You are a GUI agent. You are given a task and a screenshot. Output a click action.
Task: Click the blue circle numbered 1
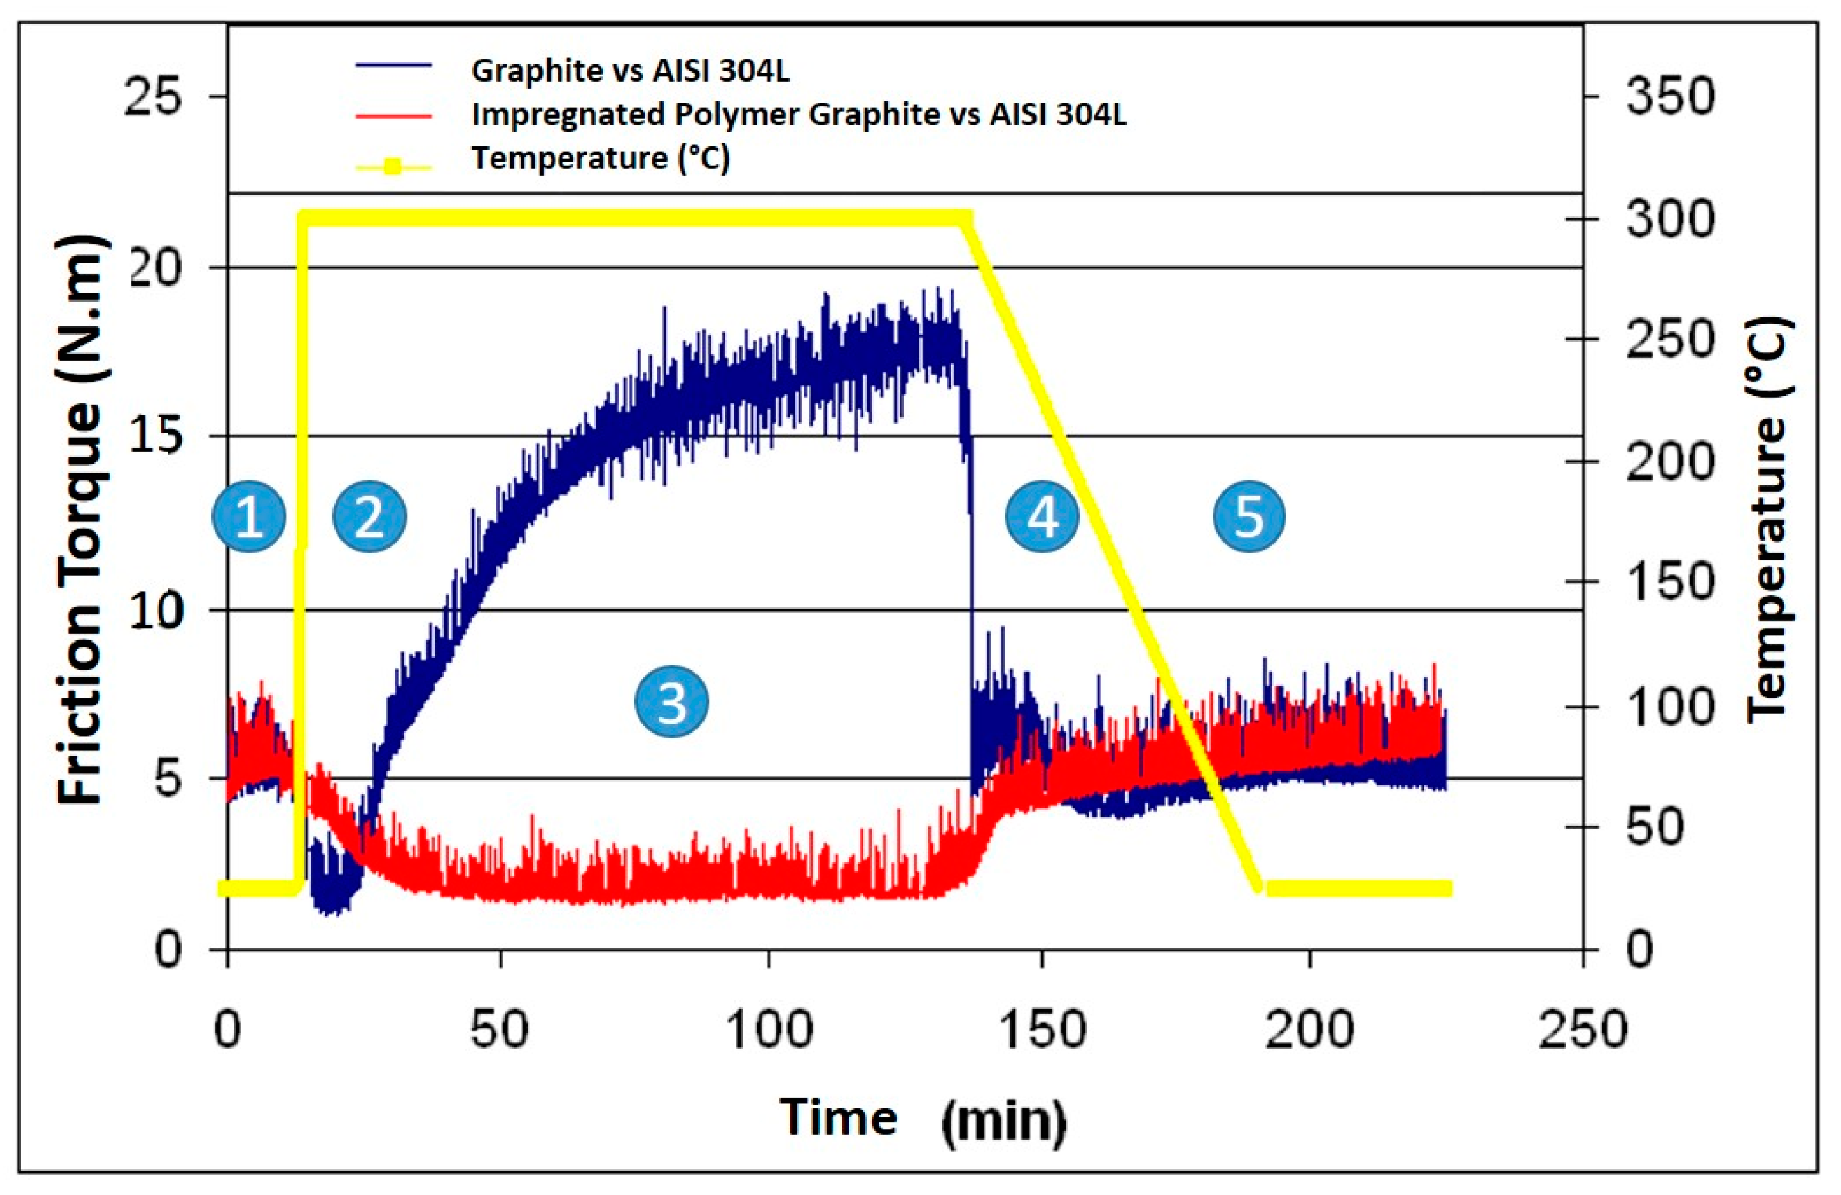click(x=249, y=516)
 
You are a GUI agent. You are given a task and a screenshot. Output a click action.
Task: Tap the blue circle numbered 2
click(x=369, y=516)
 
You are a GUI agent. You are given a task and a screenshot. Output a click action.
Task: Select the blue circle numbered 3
click(x=671, y=701)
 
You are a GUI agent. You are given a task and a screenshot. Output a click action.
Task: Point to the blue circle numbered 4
click(x=1042, y=516)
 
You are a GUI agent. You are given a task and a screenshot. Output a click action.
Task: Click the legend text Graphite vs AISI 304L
click(x=630, y=71)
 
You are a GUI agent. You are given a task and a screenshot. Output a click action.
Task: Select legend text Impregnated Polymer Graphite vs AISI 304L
click(x=798, y=114)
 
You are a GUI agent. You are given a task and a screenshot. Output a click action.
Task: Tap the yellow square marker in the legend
click(x=393, y=166)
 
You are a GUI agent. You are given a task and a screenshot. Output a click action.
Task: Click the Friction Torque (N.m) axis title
click(x=80, y=520)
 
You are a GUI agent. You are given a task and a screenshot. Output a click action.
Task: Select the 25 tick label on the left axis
click(x=153, y=98)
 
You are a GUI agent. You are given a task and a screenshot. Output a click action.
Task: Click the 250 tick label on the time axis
click(x=1582, y=1030)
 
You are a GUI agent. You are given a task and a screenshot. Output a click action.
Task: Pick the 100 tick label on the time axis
click(x=769, y=1030)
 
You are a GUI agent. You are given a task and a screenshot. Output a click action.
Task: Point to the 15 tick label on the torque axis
click(x=155, y=437)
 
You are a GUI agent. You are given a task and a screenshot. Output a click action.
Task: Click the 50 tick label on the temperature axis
click(x=1654, y=827)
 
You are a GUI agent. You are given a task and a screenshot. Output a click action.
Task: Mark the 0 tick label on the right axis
click(x=1640, y=949)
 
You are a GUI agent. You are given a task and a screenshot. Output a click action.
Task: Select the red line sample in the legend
click(x=393, y=116)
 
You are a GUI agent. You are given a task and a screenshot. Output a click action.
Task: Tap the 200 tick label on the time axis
click(x=1310, y=1030)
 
